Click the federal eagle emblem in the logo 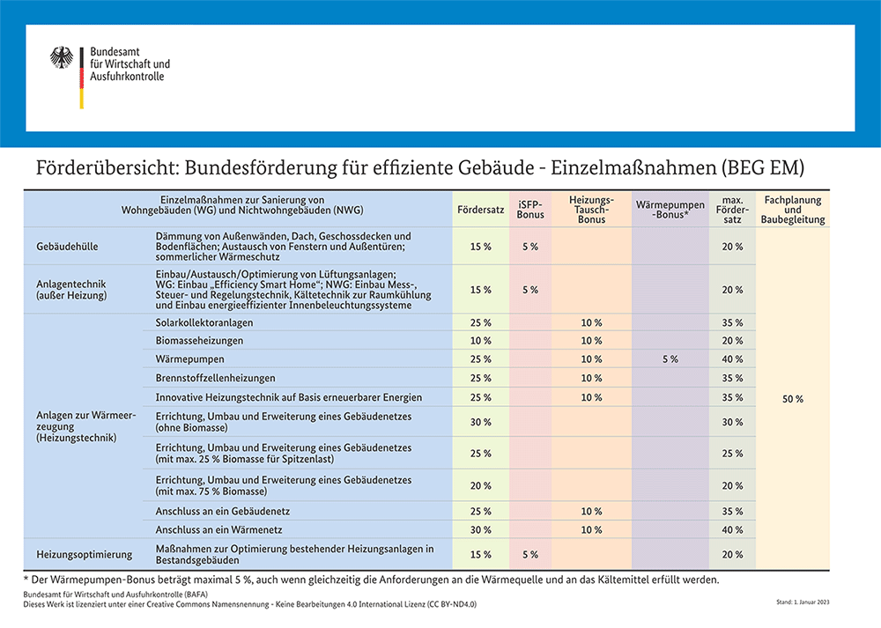[62, 58]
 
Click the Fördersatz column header [481, 211]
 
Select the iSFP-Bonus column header [530, 210]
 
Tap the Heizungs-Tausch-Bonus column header [591, 210]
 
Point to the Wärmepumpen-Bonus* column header [670, 210]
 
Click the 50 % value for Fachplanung [792, 399]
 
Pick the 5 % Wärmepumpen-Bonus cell [670, 359]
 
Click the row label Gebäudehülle [68, 247]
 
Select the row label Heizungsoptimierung [84, 554]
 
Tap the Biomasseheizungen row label [200, 341]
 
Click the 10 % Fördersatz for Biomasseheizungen [481, 341]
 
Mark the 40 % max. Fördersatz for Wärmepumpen [732, 359]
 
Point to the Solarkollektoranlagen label [204, 322]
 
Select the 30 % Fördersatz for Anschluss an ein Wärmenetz [481, 530]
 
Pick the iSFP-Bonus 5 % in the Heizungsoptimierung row [530, 555]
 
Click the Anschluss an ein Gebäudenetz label [222, 512]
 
